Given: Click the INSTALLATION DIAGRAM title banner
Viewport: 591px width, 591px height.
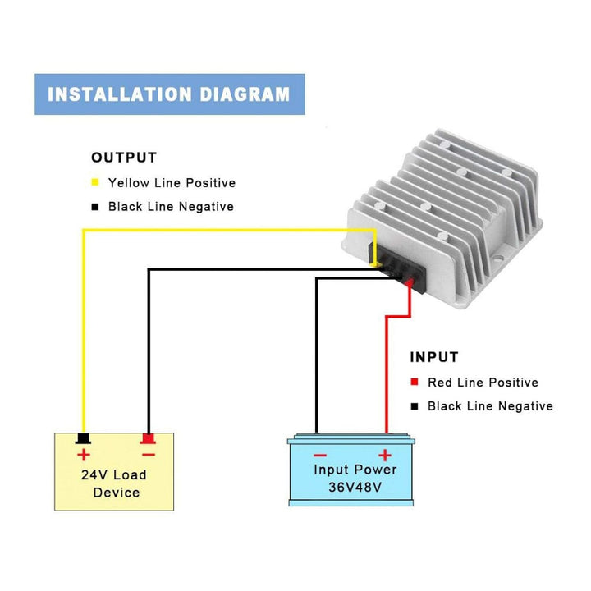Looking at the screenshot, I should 169,94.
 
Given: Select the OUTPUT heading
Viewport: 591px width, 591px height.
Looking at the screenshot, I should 124,158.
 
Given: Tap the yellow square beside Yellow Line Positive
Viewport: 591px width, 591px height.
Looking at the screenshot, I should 95,183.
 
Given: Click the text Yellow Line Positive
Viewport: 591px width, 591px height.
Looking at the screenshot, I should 172,183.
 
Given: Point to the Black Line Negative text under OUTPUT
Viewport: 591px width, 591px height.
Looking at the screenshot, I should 171,207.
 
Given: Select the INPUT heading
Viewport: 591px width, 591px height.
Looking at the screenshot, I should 434,358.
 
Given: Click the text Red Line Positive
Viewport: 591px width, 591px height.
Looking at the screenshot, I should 483,383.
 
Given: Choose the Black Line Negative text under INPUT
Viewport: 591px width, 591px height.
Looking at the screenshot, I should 490,406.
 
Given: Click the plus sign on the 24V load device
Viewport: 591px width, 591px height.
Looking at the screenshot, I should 83,455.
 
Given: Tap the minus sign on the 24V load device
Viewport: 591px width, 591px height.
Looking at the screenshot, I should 148,454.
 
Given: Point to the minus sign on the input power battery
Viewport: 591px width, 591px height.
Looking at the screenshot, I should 320,455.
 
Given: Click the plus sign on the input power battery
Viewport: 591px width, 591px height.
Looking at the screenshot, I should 384,455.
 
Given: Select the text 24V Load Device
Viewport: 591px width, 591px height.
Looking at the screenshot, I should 115,483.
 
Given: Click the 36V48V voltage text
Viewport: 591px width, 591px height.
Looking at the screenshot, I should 355,488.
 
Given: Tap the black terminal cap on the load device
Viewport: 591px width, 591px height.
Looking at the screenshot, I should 82,437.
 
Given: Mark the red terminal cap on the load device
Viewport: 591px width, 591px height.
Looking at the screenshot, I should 148,437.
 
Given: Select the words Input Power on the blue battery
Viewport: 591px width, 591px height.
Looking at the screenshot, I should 355,470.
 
